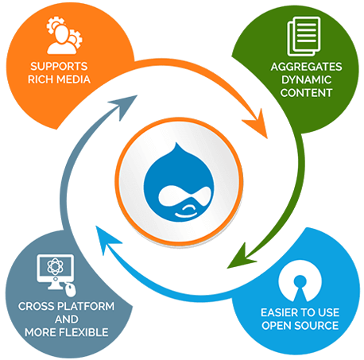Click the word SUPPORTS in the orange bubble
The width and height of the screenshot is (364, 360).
(59, 66)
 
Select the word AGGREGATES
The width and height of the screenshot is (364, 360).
(306, 67)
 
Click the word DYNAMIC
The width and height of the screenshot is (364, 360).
(306, 79)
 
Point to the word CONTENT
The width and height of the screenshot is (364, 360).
(306, 93)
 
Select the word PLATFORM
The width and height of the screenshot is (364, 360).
(87, 306)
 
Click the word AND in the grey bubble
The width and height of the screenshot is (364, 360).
(66, 319)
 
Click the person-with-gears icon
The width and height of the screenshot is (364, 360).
(64, 36)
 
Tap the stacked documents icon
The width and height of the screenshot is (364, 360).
(304, 37)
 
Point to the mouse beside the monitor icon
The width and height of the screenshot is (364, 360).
(71, 290)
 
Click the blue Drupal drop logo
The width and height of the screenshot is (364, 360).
(178, 182)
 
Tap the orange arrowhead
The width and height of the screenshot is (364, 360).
(257, 124)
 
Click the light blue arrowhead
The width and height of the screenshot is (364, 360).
(106, 238)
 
